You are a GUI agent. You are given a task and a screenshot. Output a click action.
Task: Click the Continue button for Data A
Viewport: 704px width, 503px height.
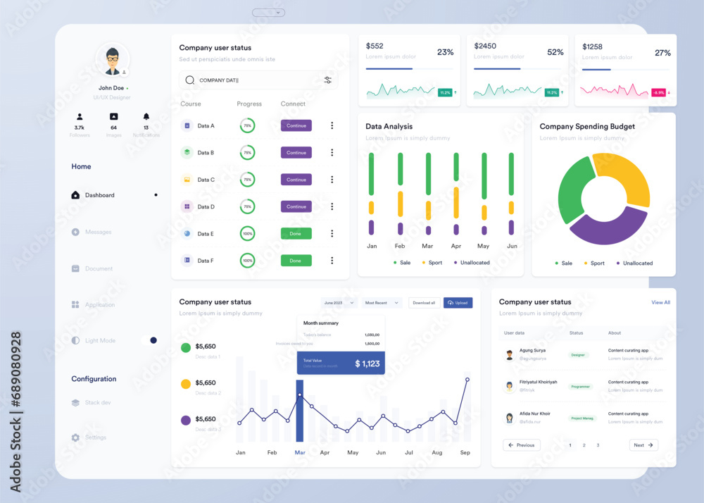click(296, 125)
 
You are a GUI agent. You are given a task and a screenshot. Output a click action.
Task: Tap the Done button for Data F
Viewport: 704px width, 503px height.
click(296, 261)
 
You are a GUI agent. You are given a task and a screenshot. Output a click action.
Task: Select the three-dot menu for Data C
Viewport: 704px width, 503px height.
click(332, 180)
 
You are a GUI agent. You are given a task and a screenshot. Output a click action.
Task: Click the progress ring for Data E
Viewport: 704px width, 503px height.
click(247, 234)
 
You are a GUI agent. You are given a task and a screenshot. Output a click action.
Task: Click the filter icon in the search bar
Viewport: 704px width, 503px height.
click(328, 80)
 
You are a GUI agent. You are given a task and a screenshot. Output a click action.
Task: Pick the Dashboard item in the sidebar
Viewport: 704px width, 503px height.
click(99, 195)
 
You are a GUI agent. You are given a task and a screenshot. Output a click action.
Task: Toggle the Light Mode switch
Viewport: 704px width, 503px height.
click(149, 340)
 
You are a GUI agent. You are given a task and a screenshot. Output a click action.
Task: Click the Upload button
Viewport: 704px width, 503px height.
click(458, 303)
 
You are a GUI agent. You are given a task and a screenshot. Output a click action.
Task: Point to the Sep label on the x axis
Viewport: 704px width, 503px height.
click(465, 452)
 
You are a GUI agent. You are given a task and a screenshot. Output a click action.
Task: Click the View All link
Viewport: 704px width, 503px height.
click(660, 302)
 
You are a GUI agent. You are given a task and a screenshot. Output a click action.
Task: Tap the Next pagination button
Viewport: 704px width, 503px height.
click(643, 445)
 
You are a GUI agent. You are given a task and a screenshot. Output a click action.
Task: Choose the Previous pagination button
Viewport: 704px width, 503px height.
click(522, 445)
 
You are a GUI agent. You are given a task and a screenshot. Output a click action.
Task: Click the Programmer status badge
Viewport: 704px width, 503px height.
click(581, 387)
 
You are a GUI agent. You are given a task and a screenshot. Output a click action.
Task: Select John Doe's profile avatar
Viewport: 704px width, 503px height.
click(112, 60)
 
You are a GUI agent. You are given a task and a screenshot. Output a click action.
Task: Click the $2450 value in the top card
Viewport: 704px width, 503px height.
click(485, 46)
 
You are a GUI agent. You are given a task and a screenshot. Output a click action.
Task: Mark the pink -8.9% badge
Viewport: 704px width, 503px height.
click(658, 92)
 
